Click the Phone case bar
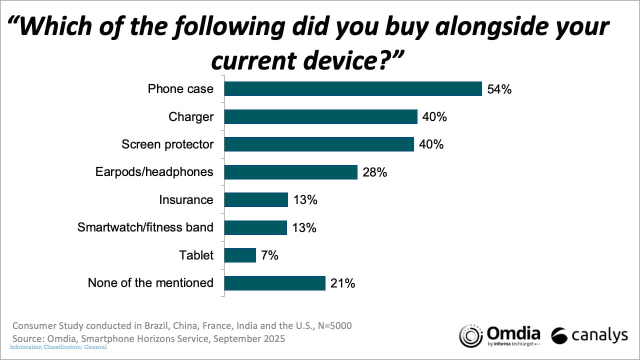click(x=352, y=89)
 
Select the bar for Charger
click(x=320, y=117)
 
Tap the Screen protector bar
click(x=319, y=144)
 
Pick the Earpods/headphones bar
click(x=290, y=172)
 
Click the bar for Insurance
click(x=256, y=200)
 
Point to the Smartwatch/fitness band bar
click(x=255, y=227)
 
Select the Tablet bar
click(x=240, y=255)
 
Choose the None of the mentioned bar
click(x=274, y=283)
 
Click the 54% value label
click(x=498, y=89)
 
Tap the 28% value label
click(x=374, y=172)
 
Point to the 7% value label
click(x=269, y=255)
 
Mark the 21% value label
click(x=342, y=283)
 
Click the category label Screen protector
click(x=167, y=144)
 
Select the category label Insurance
click(x=186, y=200)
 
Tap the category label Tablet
click(x=196, y=255)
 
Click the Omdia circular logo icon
click(x=470, y=335)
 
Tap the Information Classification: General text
click(x=58, y=346)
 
